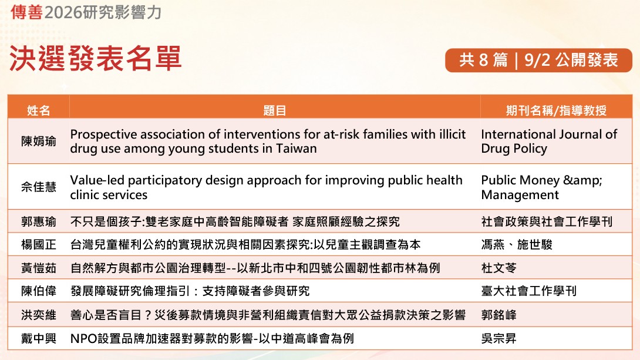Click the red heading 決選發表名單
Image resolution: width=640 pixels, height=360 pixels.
click(95, 58)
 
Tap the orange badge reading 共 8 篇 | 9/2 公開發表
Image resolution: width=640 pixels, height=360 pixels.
click(538, 60)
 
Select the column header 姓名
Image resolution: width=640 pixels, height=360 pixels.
click(38, 110)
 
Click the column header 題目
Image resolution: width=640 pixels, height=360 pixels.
click(275, 110)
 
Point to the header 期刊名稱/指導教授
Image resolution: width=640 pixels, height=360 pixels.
click(556, 110)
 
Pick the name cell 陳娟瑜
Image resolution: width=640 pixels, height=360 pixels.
click(38, 141)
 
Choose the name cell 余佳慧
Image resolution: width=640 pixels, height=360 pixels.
click(38, 187)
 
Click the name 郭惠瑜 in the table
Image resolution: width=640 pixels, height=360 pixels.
click(38, 221)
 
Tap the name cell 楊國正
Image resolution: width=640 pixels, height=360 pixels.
click(38, 244)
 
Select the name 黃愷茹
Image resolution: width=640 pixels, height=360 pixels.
click(38, 268)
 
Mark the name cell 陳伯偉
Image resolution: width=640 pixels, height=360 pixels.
click(38, 291)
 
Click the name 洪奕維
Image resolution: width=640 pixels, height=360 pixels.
click(38, 315)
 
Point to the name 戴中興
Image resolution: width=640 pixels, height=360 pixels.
click(38, 338)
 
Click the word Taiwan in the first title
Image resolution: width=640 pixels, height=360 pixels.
click(297, 149)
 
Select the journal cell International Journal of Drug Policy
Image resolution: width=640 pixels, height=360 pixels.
click(549, 141)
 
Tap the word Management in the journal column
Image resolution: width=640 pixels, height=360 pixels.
click(520, 195)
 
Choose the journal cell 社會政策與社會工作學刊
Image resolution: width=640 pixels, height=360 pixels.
click(547, 221)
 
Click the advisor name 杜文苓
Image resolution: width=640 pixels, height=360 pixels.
click(498, 268)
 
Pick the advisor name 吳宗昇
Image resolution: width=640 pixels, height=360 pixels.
click(498, 338)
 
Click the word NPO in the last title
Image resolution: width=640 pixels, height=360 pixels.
click(83, 338)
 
